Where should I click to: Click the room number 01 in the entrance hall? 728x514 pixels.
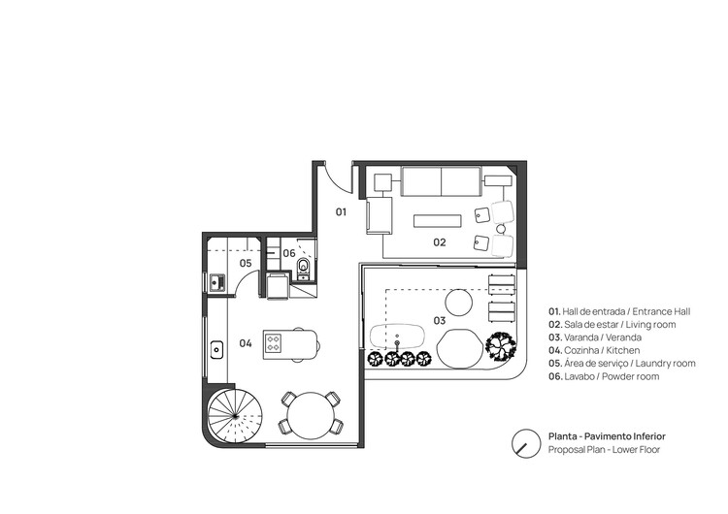(x=342, y=210)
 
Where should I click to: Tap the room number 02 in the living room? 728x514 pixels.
(x=439, y=242)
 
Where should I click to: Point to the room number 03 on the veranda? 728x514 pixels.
(x=439, y=320)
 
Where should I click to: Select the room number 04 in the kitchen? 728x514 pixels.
(x=246, y=342)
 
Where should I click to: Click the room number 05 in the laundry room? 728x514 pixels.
(x=246, y=263)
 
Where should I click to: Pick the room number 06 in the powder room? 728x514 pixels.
(x=289, y=253)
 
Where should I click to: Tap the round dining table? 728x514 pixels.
(x=310, y=412)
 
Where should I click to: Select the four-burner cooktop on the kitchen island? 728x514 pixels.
(x=274, y=342)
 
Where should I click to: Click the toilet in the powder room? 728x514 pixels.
(x=304, y=265)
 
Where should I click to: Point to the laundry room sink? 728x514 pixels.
(x=216, y=283)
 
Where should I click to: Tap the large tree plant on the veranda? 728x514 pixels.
(x=502, y=345)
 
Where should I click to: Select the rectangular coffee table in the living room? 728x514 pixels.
(x=438, y=220)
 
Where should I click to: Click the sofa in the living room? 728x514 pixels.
(x=442, y=181)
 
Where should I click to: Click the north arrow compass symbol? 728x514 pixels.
(x=525, y=443)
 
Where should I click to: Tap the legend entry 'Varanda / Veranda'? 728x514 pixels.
(x=602, y=337)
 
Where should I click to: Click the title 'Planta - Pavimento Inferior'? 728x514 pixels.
(x=606, y=437)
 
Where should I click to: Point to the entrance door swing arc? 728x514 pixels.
(x=332, y=177)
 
